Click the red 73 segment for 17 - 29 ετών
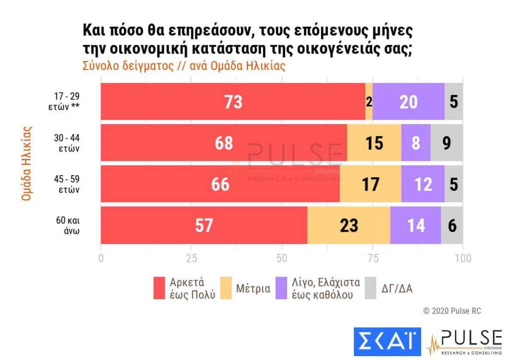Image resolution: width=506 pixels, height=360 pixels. coord(233,102)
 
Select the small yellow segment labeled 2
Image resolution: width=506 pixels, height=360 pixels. coord(369,102)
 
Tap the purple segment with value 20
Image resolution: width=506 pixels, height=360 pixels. coord(408,102)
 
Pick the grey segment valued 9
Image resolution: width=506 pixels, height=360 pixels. coord(446,143)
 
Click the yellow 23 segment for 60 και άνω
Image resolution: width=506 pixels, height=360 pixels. coord(349,225)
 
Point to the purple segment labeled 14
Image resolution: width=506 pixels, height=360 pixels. coord(415,225)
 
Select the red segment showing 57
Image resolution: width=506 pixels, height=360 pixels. coord(204,225)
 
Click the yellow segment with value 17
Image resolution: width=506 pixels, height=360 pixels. coord(370,184)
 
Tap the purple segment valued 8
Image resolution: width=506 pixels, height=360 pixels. coord(416,143)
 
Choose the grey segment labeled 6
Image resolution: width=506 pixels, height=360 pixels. coord(452,225)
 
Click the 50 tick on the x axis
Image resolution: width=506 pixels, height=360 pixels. coord(281,259)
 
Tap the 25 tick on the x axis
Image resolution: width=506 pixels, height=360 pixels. coord(191,259)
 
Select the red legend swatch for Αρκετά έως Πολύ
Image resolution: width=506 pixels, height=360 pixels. coord(159,288)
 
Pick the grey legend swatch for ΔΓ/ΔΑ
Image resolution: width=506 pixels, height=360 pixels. coord(370,288)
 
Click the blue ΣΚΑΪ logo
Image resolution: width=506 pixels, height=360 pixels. coord(387,342)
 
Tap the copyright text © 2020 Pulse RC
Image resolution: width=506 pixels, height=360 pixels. coord(452,311)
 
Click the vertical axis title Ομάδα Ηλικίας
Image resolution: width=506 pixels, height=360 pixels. coord(27,163)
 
